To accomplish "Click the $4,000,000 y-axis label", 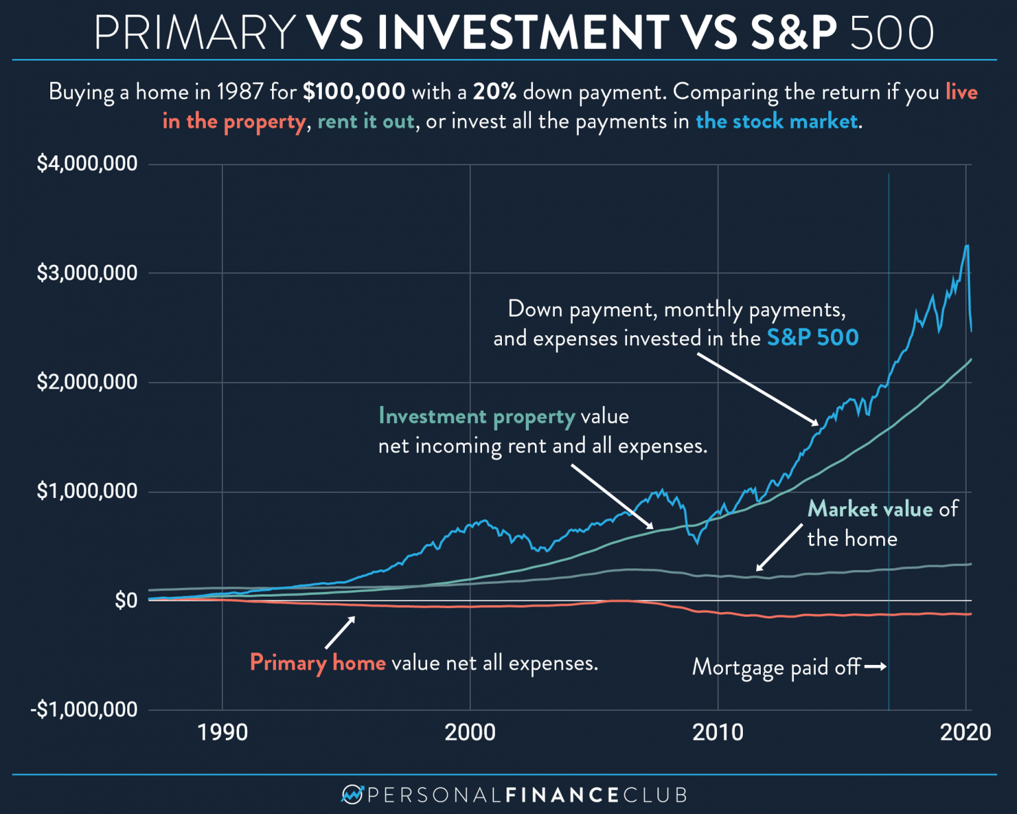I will pyautogui.click(x=87, y=164).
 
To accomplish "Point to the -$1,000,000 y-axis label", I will pyautogui.click(x=84, y=709).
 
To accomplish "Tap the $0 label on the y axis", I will pyautogui.click(x=126, y=601).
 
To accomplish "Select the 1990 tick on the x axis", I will pyautogui.click(x=222, y=732).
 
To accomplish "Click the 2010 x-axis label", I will pyautogui.click(x=718, y=732).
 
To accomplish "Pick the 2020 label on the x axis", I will pyautogui.click(x=965, y=732).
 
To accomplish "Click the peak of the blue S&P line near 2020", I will pyautogui.click(x=967, y=246).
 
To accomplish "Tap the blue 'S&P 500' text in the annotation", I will pyautogui.click(x=812, y=338).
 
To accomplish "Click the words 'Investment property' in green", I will pyautogui.click(x=477, y=417).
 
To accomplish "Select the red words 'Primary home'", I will pyautogui.click(x=318, y=662).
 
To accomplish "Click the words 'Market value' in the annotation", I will pyautogui.click(x=870, y=509).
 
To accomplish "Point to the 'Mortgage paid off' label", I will pyautogui.click(x=776, y=667).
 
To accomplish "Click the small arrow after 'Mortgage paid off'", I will pyautogui.click(x=875, y=666).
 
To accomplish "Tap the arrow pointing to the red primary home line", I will pyautogui.click(x=340, y=633).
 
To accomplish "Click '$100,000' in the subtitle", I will pyautogui.click(x=354, y=91).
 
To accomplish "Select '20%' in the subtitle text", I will pyautogui.click(x=495, y=91).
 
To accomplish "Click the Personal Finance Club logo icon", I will pyautogui.click(x=352, y=793).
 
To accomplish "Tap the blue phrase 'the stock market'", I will pyautogui.click(x=777, y=121).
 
